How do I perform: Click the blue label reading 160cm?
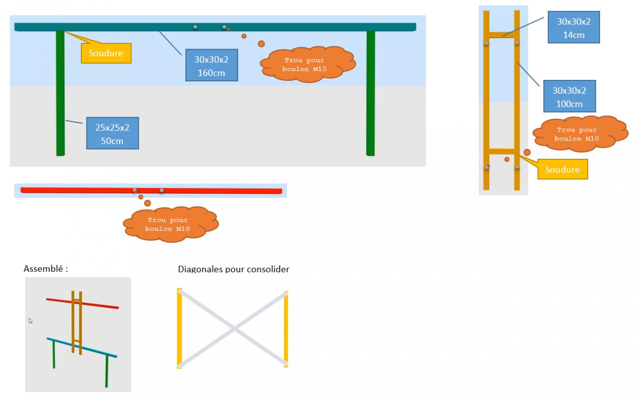click(211, 65)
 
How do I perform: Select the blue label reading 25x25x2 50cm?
click(112, 133)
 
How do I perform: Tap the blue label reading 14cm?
click(573, 27)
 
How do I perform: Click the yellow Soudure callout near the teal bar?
click(106, 53)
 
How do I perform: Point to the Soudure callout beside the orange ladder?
click(562, 169)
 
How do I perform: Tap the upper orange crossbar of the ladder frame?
click(502, 35)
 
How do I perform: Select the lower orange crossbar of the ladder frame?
click(502, 151)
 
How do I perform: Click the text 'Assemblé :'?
click(45, 269)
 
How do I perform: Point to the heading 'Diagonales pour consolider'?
click(233, 269)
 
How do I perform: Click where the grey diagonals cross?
click(233, 329)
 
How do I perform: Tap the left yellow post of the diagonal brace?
click(179, 329)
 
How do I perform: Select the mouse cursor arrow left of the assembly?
click(30, 321)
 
